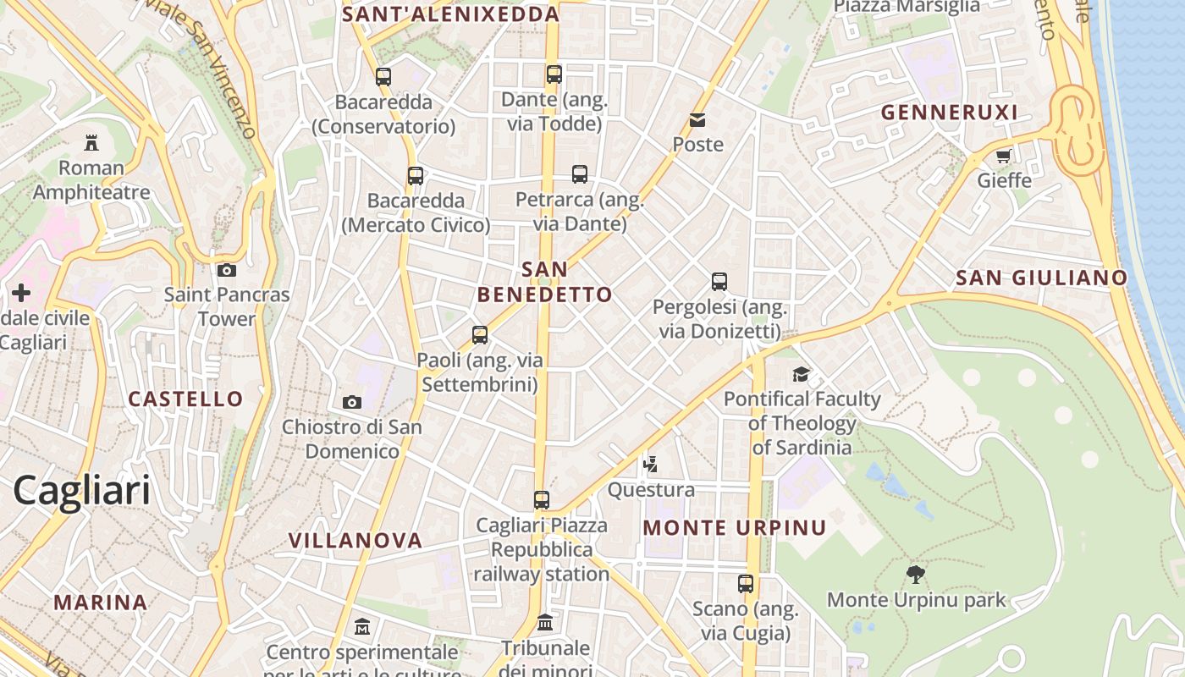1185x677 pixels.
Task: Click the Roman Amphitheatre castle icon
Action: point(91,143)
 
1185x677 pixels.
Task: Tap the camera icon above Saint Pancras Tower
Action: point(226,271)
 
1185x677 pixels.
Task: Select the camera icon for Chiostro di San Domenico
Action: point(352,402)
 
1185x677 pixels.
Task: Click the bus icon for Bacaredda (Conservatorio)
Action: point(383,77)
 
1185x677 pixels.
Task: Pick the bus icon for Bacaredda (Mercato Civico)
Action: point(415,176)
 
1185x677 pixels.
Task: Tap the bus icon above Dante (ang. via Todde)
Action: point(554,74)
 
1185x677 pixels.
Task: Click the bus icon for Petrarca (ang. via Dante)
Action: point(580,174)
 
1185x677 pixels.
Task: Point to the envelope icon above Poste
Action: point(697,120)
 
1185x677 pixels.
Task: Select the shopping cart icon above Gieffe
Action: point(1004,156)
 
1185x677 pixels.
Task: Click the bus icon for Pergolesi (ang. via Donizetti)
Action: point(719,282)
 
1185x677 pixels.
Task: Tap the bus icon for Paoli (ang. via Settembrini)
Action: point(480,335)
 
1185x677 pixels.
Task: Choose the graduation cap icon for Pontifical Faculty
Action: point(801,374)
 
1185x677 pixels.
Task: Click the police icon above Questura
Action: point(650,464)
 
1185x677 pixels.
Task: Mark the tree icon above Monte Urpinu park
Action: point(915,575)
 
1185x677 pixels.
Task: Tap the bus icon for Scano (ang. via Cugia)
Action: point(745,583)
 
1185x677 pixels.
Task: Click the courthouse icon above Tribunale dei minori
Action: point(545,623)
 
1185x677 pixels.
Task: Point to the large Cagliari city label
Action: point(81,491)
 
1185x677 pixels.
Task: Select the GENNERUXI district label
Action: point(949,113)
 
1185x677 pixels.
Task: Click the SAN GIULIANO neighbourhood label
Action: point(1041,278)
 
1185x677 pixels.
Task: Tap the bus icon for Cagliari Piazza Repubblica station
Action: point(542,500)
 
